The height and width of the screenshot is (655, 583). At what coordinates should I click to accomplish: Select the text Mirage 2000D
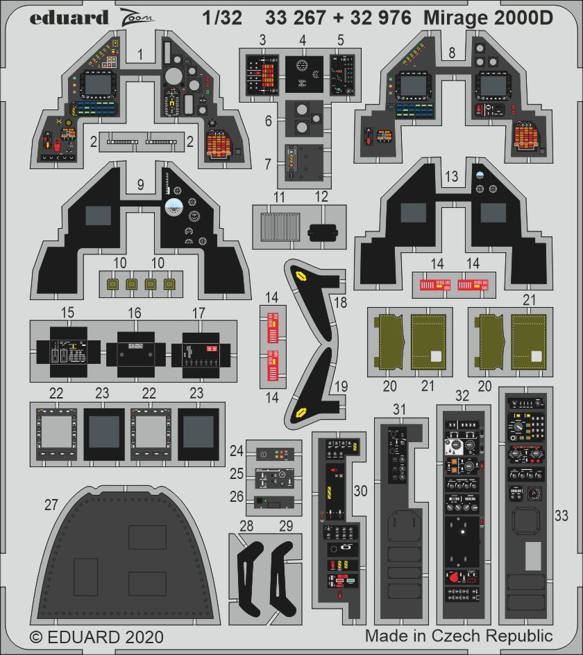pos(490,18)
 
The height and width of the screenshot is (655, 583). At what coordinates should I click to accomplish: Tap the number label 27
pos(51,505)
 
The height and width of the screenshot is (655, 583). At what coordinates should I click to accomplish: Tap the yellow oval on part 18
pos(301,276)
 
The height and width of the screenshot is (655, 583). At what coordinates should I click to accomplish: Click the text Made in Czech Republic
pos(459,636)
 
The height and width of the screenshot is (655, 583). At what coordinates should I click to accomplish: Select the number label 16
pos(135,314)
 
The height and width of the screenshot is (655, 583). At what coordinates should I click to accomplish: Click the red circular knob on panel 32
pos(455,577)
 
